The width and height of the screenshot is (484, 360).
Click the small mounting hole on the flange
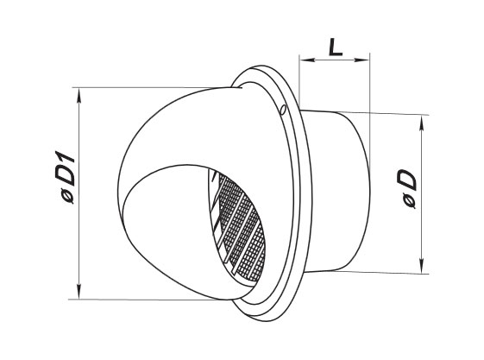coord(282,109)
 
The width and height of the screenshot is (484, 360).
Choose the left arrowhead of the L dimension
coord(305,60)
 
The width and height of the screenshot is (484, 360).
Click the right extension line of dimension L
coord(370,86)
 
